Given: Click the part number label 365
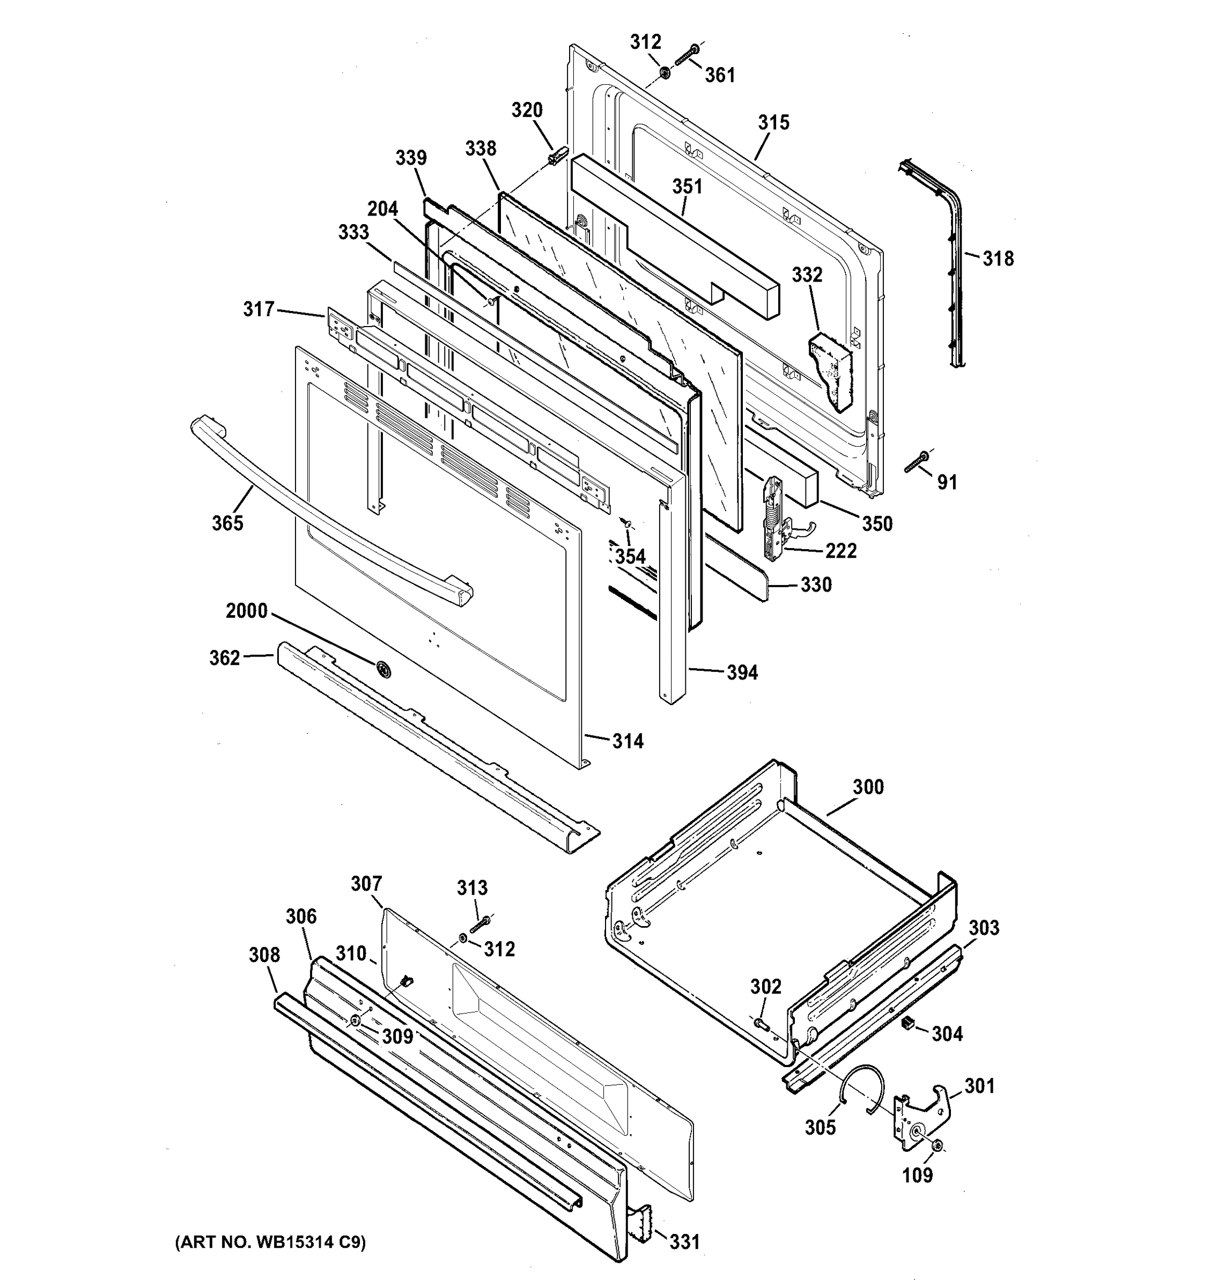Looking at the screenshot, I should pyautogui.click(x=227, y=522).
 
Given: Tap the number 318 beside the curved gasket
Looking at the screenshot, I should pyautogui.click(x=998, y=259).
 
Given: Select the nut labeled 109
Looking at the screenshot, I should pyautogui.click(x=938, y=1147).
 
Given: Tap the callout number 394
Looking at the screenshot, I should pyautogui.click(x=742, y=672).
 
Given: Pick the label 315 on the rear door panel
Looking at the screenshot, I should pyautogui.click(x=773, y=122).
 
